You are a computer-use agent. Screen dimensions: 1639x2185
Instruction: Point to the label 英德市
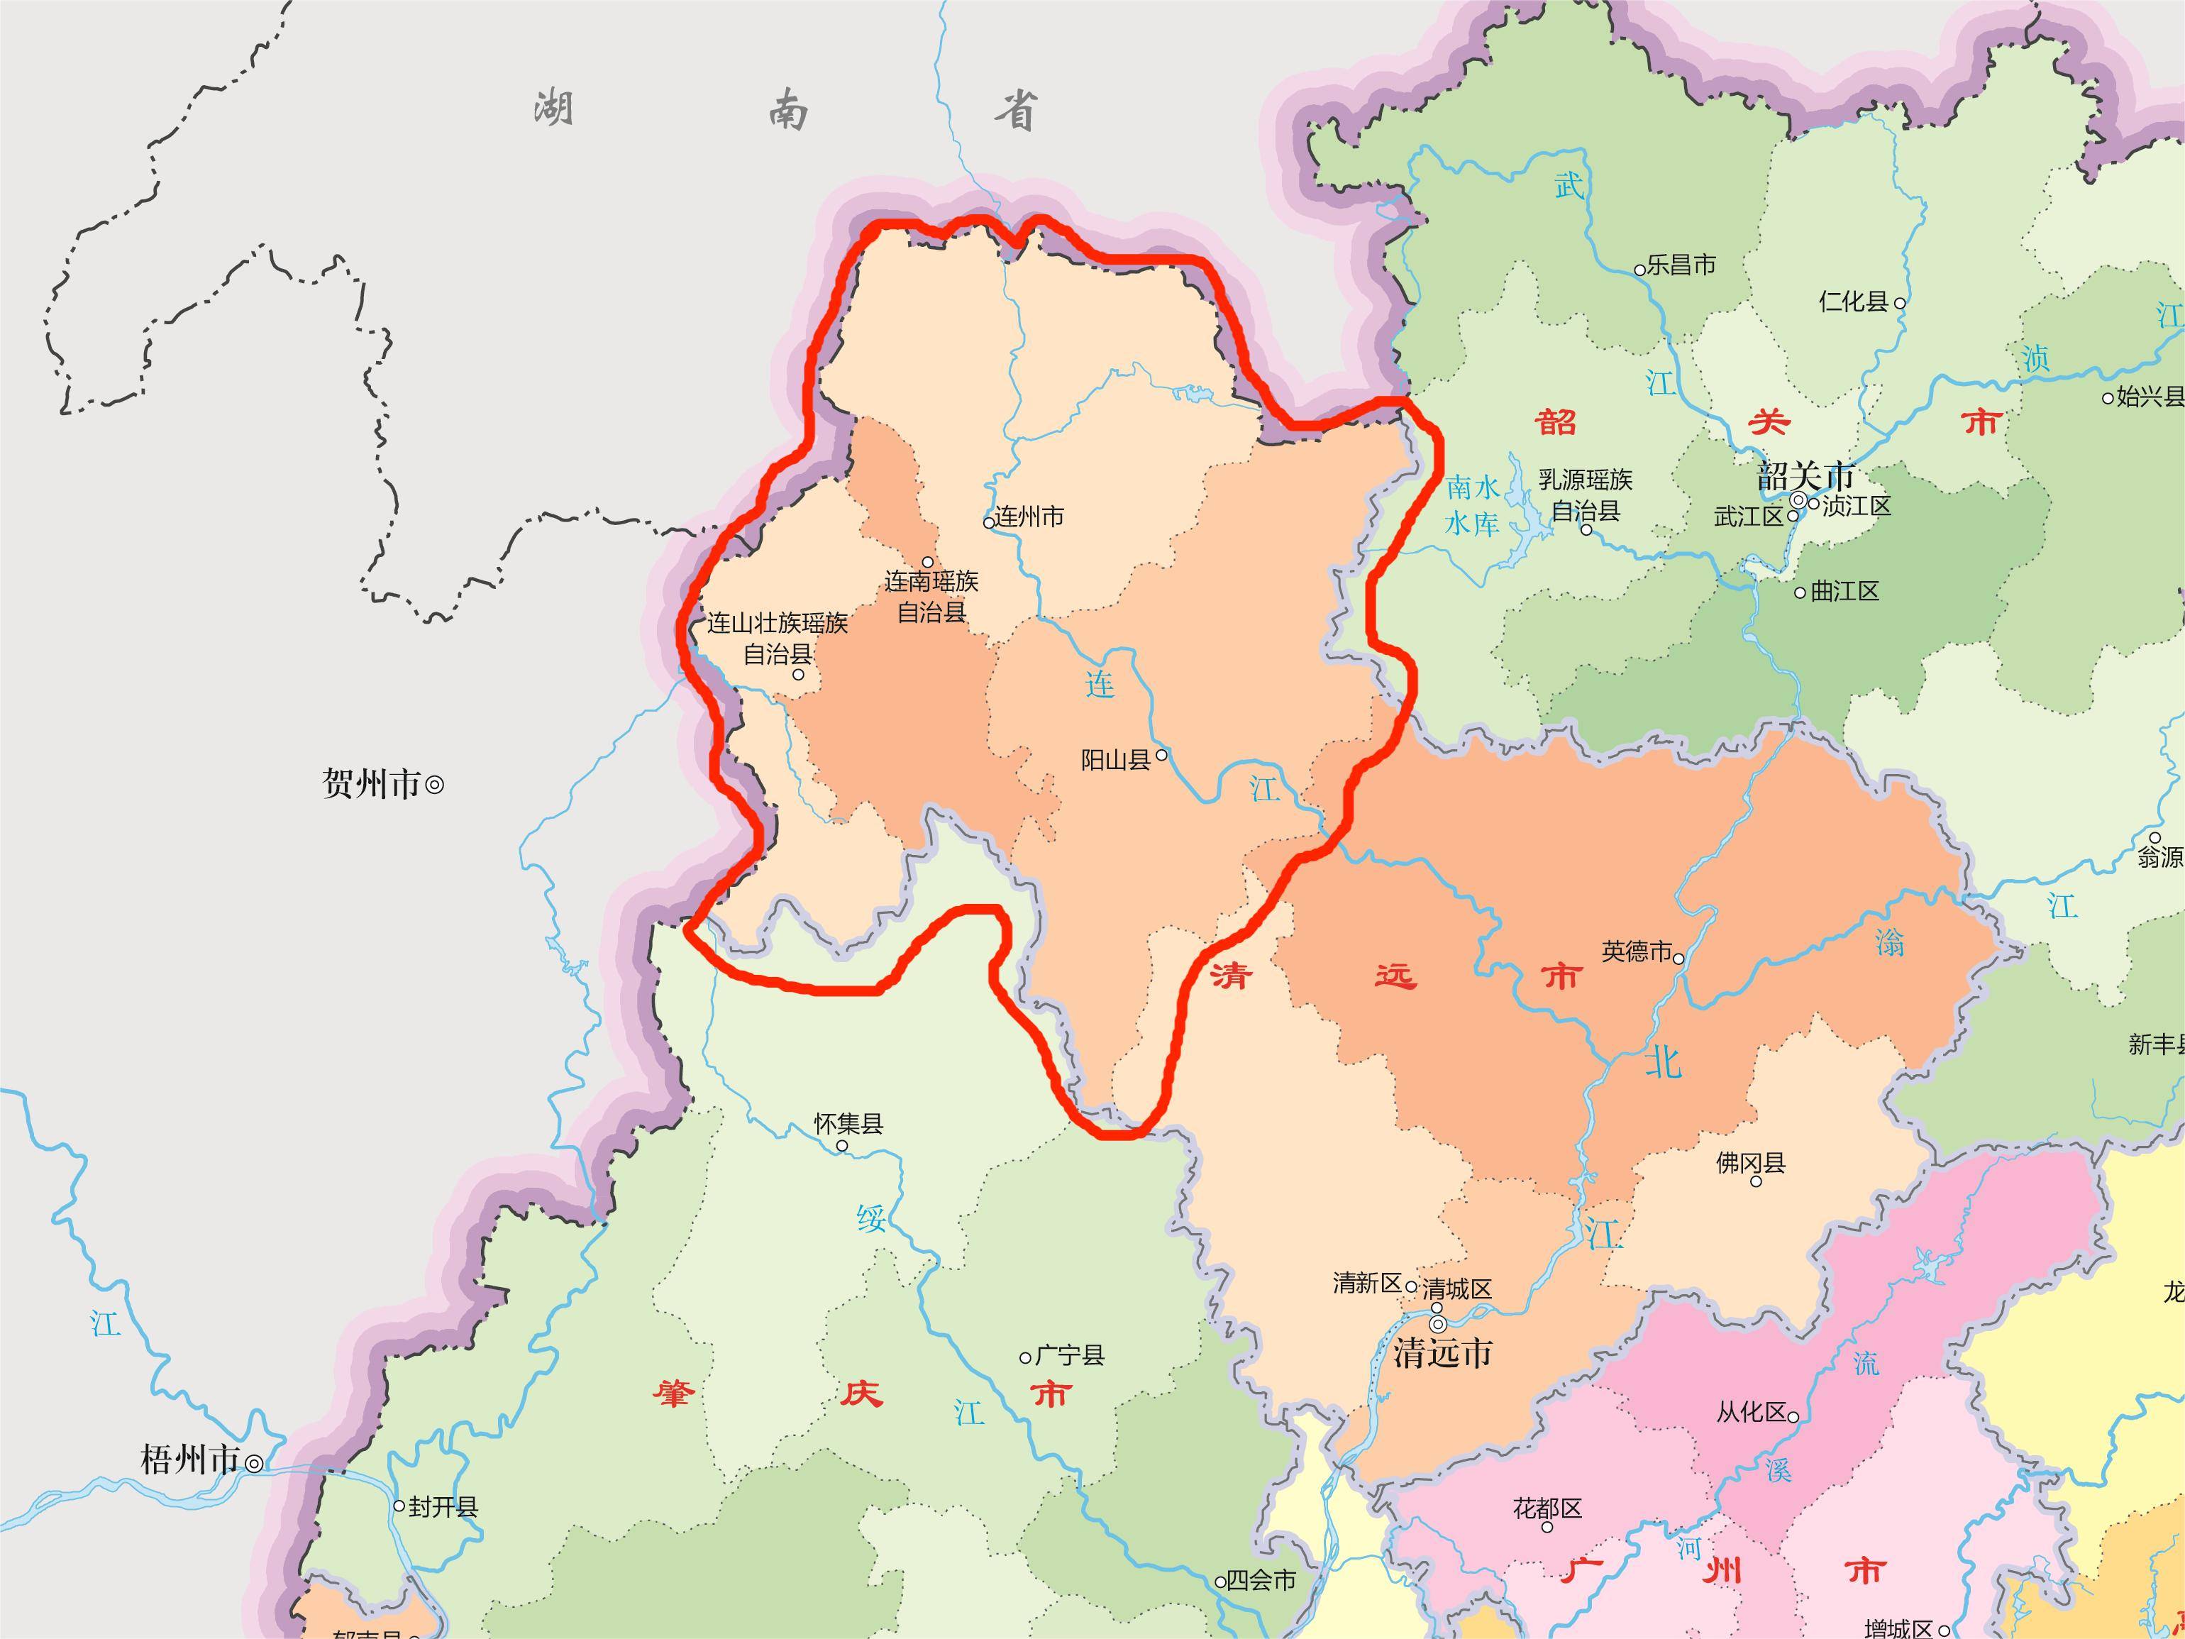(1636, 951)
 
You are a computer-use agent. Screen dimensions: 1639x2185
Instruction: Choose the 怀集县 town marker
(841, 1146)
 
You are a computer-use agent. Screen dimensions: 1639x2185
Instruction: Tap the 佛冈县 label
(1750, 1163)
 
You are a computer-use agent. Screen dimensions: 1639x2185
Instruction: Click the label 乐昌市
(1681, 265)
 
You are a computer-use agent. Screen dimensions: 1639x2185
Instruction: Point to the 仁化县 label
(1853, 302)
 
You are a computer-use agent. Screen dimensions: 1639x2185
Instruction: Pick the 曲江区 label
(1844, 592)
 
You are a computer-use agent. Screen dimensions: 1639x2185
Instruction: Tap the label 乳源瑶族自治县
(1586, 494)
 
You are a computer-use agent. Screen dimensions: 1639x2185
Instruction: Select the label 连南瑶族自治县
(931, 596)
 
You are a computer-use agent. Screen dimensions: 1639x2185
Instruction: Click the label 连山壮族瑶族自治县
(778, 638)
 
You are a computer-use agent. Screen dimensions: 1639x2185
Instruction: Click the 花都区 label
(1547, 1508)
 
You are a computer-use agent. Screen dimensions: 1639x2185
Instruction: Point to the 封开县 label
(443, 1506)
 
